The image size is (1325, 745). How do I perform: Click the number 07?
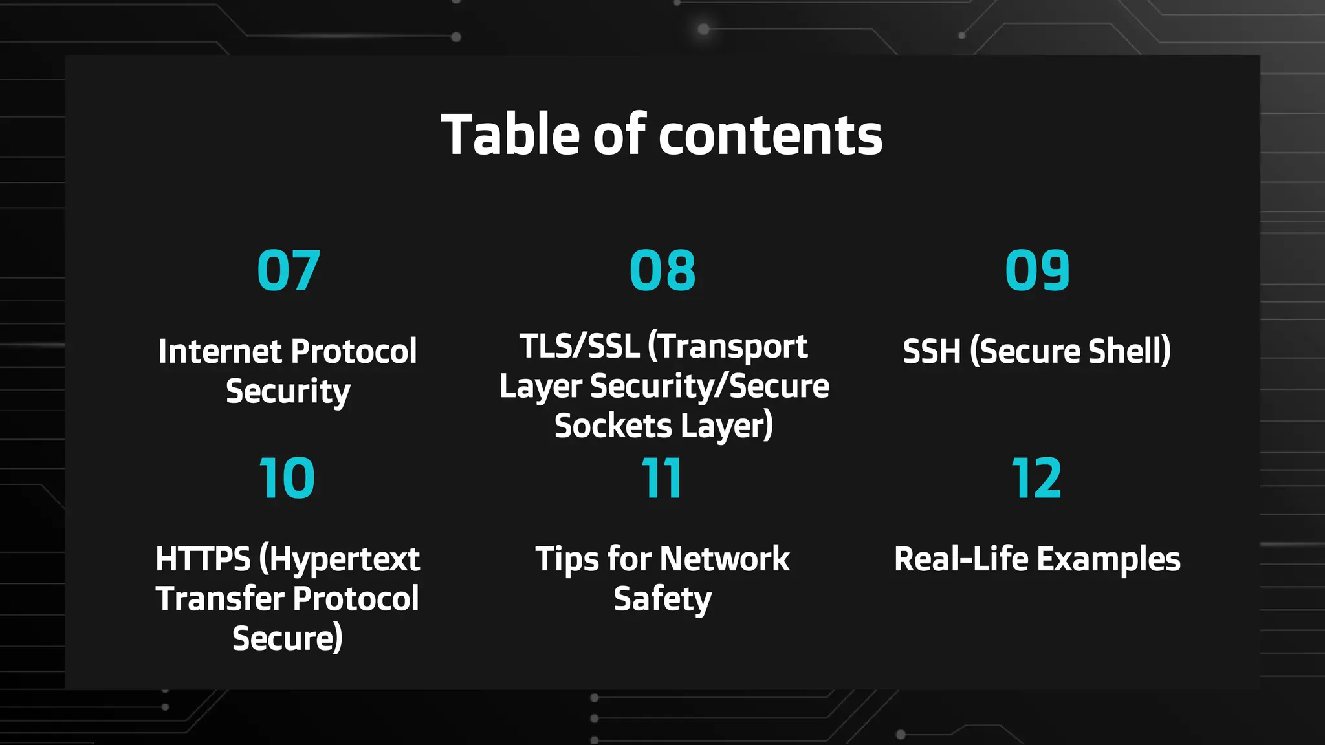point(289,270)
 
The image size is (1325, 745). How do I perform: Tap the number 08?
point(662,270)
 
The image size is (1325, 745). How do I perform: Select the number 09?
point(1037,270)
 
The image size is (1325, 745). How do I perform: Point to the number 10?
point(287,479)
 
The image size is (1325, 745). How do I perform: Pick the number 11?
point(661,479)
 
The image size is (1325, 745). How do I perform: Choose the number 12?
point(1036,479)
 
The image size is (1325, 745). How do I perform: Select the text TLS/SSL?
point(579,346)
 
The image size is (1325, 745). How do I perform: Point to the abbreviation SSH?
point(932,352)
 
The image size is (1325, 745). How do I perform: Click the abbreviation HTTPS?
point(203,559)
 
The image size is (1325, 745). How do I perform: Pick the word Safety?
point(662,599)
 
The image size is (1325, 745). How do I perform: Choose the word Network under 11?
point(725,559)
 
